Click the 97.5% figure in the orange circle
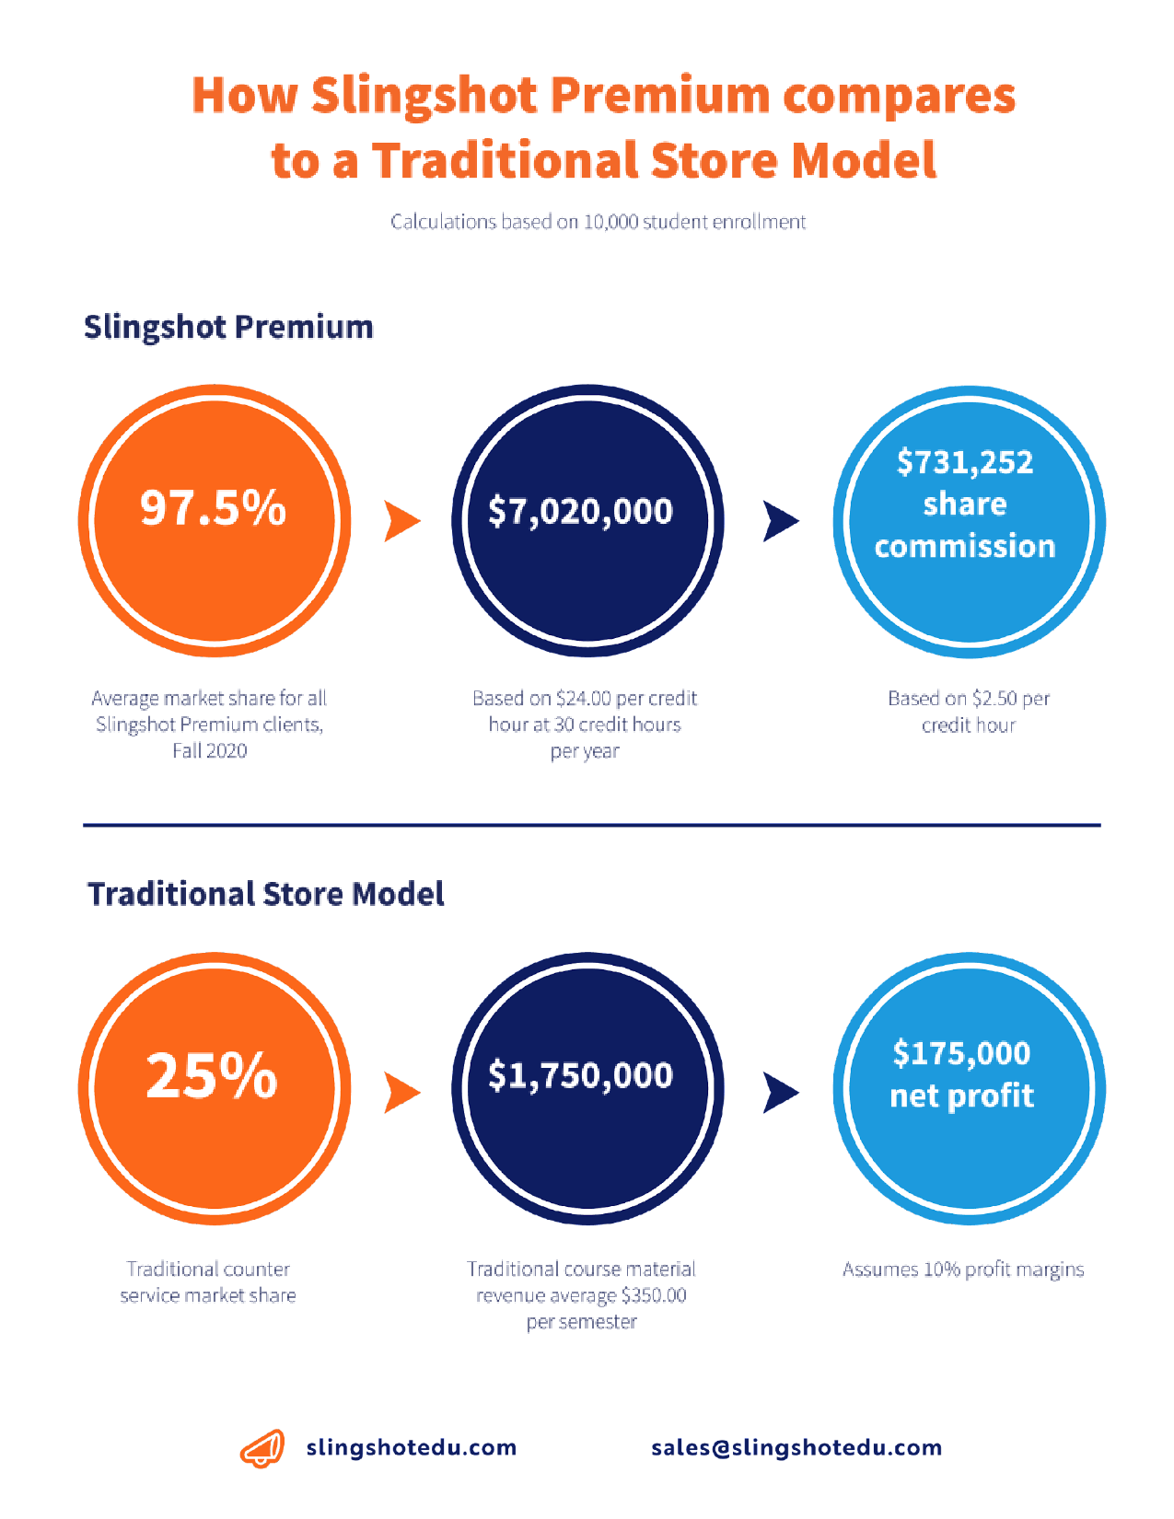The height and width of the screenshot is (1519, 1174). click(x=214, y=507)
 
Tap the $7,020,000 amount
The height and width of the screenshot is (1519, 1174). click(x=580, y=511)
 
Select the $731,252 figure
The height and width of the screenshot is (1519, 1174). click(x=965, y=462)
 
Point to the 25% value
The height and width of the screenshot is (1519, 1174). click(x=211, y=1075)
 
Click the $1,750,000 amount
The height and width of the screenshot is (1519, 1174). click(x=580, y=1075)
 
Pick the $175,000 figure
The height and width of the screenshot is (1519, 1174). click(x=961, y=1053)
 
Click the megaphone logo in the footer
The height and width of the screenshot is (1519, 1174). click(x=262, y=1448)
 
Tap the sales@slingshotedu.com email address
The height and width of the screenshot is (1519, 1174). click(x=796, y=1448)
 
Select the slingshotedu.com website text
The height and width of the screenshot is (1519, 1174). click(x=412, y=1448)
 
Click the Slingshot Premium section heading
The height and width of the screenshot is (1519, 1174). click(x=228, y=327)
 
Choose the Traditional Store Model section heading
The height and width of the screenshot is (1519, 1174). click(x=266, y=894)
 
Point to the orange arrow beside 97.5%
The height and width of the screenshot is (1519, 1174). click(x=402, y=521)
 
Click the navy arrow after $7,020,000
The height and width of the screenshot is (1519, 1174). click(x=780, y=521)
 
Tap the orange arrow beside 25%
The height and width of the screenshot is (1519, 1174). click(x=402, y=1093)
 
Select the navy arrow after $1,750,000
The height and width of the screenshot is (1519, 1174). click(x=780, y=1093)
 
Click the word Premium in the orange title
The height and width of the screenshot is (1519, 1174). click(x=660, y=95)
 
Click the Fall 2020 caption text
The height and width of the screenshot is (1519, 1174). click(x=210, y=751)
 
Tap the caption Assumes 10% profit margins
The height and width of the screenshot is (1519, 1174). click(x=963, y=1270)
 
